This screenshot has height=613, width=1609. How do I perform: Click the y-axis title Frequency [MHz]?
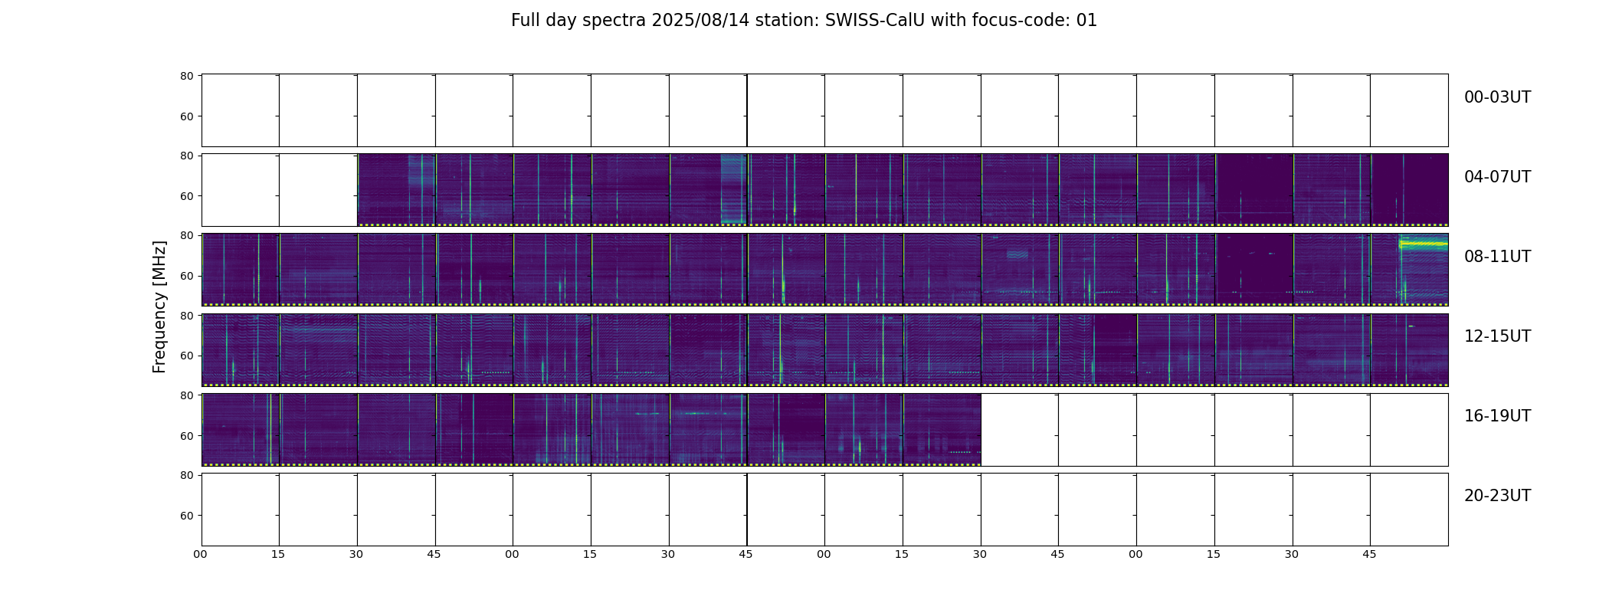point(159,306)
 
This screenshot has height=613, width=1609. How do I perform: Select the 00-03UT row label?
point(1497,97)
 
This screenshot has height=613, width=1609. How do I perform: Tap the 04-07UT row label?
point(1497,177)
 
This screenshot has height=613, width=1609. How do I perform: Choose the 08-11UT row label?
point(1497,257)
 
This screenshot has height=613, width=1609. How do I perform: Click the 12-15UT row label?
point(1497,336)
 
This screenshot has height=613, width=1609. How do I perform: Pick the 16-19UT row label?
point(1497,416)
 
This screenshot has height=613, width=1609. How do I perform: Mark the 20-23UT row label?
point(1497,496)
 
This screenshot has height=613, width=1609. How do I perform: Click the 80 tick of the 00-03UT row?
point(186,77)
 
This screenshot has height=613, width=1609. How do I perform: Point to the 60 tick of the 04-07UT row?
point(186,196)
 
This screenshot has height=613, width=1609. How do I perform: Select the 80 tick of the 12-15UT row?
point(186,316)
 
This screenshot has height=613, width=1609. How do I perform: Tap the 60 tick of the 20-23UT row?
point(186,516)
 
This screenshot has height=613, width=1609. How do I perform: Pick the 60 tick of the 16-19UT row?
point(186,436)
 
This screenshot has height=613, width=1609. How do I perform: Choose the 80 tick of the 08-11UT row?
point(186,236)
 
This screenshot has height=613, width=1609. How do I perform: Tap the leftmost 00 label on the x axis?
point(200,554)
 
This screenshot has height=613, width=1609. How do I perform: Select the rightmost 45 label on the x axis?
point(1369,554)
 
